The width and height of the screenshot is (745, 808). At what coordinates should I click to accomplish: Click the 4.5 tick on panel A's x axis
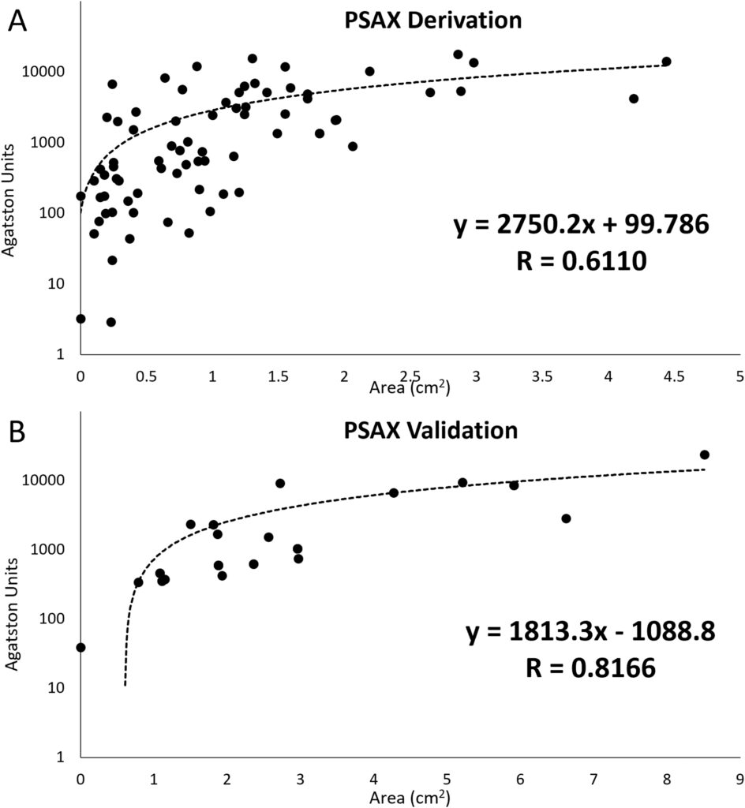coord(673,376)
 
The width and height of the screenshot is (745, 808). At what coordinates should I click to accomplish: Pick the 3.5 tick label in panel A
coord(541,376)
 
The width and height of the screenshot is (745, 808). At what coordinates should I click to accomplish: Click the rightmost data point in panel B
coord(705,454)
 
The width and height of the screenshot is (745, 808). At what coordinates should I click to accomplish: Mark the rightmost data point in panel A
coord(666,62)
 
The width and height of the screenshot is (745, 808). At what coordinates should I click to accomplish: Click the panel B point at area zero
coord(80,647)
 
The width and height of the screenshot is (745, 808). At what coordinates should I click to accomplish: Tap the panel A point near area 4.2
coord(634,99)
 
